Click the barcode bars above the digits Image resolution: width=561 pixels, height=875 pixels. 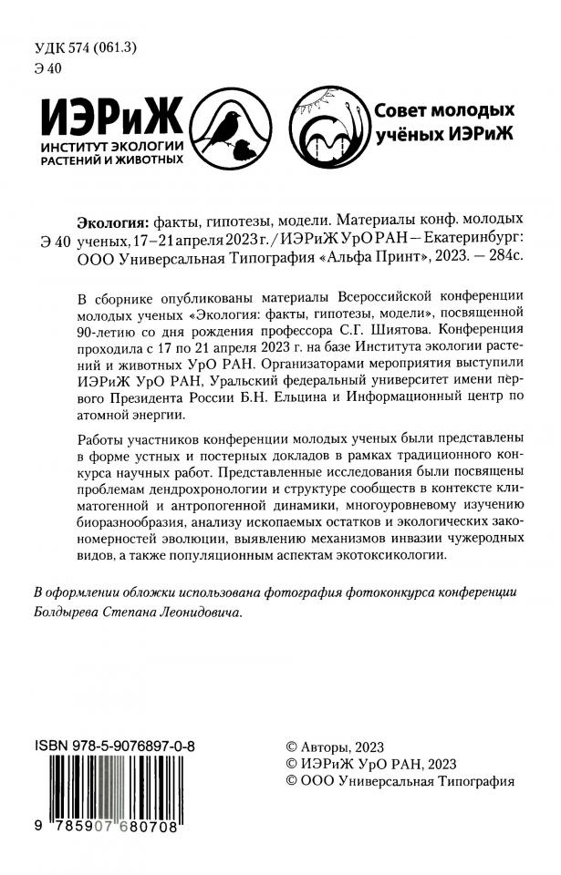coord(118,785)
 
